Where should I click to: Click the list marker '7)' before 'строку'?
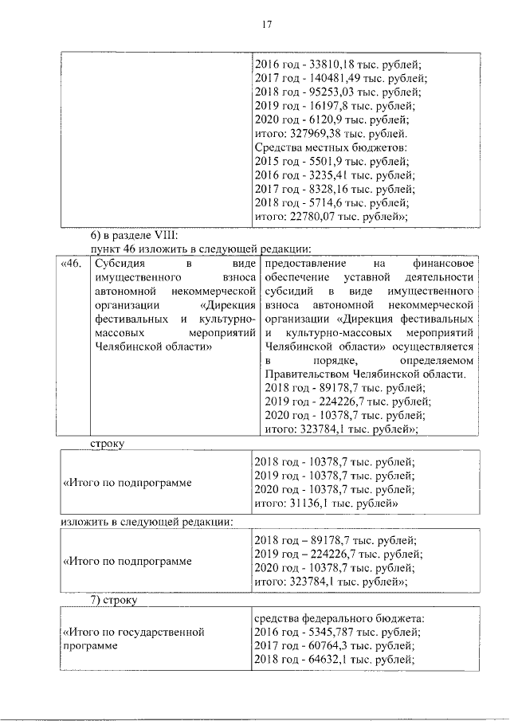[x=94, y=599]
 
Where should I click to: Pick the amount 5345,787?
[x=324, y=632]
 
